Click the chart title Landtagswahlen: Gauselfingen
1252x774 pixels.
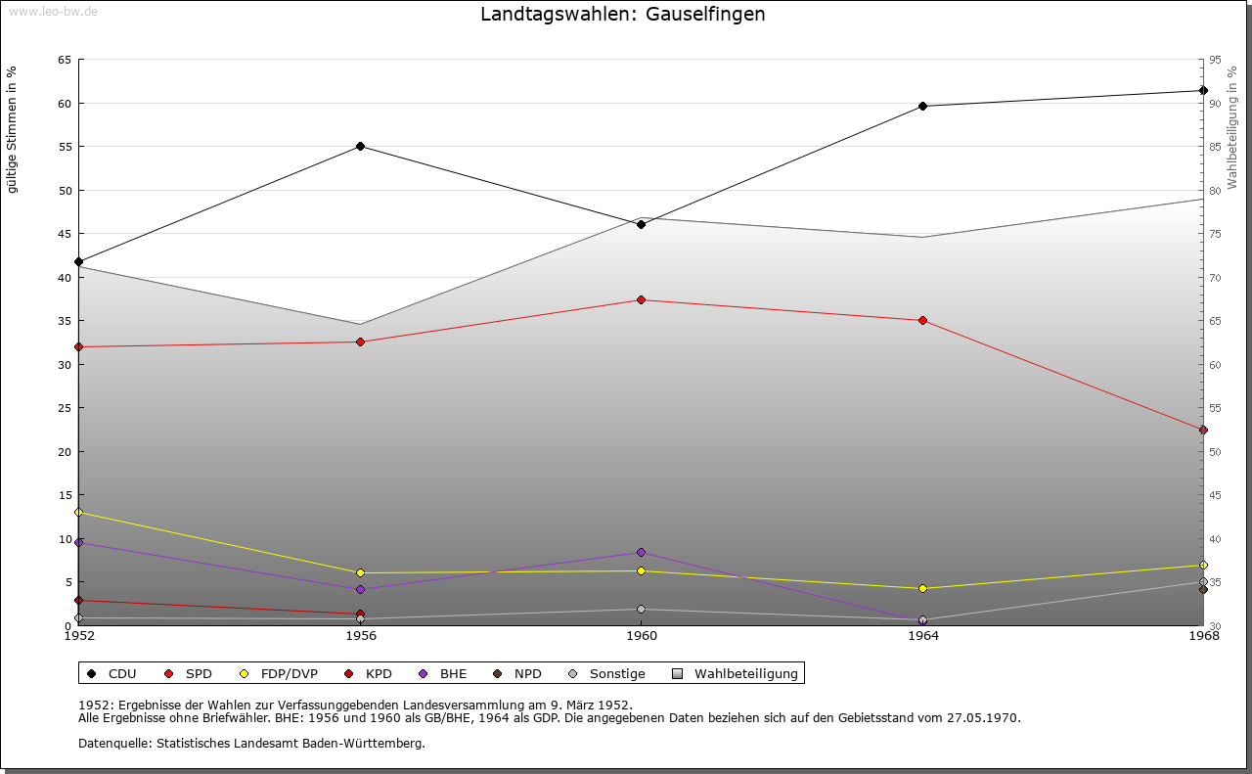pos(623,15)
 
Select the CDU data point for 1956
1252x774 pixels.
pos(361,147)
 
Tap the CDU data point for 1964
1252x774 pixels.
pos(922,107)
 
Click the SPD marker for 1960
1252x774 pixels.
pos(642,300)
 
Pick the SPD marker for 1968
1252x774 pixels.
pos(1203,431)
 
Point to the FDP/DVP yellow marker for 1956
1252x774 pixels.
pos(361,573)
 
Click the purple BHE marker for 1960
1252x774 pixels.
pos(642,553)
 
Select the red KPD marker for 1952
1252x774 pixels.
pos(79,601)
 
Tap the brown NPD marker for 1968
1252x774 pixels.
pos(1203,590)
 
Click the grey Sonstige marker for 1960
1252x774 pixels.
pos(642,610)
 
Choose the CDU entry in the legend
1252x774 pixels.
pos(112,674)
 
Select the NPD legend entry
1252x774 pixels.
pos(517,674)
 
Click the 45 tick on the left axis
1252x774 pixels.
pos(65,234)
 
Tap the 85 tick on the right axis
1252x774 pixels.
pos(1216,147)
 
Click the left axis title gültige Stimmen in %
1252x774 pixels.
pos(13,130)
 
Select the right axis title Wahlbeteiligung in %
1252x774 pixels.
pos(1232,127)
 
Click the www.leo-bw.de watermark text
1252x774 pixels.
pos(52,11)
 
